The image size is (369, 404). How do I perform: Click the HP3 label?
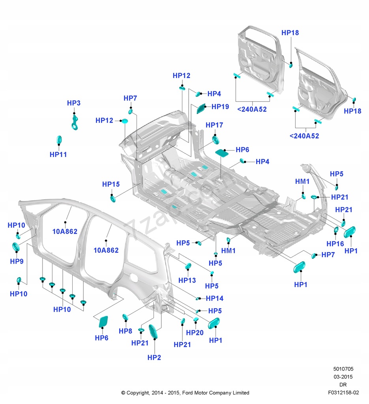coord(73,103)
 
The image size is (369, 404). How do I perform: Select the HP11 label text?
coord(58,155)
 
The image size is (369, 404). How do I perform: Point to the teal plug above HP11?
coord(59,140)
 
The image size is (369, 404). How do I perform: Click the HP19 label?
coord(220,107)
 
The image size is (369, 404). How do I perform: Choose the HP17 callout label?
coord(214,125)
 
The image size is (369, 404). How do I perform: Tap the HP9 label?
coord(17,261)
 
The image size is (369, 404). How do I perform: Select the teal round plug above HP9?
coord(16,247)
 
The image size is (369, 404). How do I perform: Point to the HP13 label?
coord(187,280)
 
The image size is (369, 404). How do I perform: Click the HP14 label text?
coord(214,298)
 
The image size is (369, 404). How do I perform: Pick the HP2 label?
coord(154,357)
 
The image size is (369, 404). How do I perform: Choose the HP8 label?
coord(125,331)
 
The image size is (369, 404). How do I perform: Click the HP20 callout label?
coord(195,333)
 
